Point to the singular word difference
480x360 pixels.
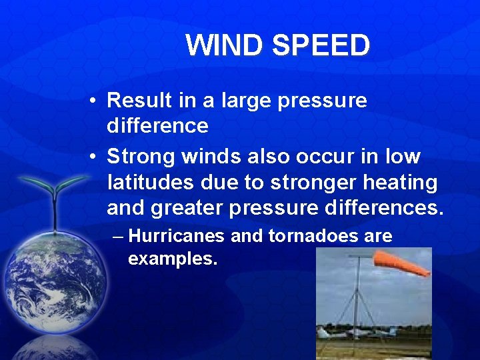coord(157,125)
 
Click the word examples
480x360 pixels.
coord(172,259)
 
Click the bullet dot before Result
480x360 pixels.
coord(93,101)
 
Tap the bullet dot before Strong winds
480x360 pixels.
coord(93,157)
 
